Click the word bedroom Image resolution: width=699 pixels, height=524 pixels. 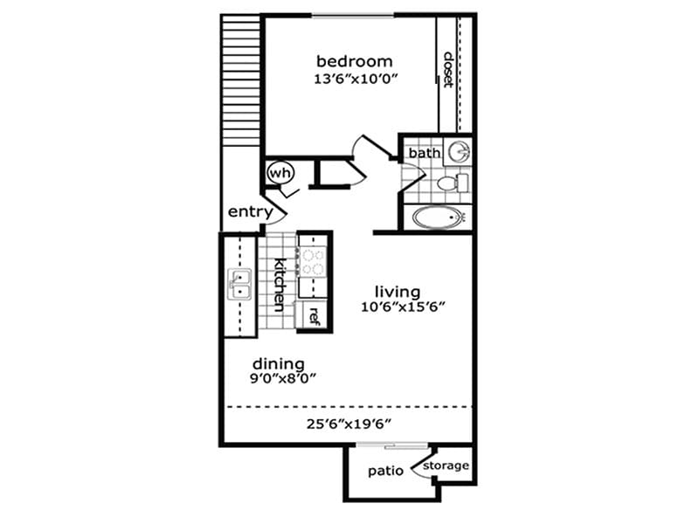(x=354, y=61)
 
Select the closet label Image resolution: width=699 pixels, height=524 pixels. (x=448, y=70)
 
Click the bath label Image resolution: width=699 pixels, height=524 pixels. (x=425, y=153)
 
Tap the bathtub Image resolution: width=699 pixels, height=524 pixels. (x=441, y=217)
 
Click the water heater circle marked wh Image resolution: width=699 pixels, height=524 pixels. (x=280, y=172)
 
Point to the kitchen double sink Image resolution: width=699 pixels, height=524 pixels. (x=239, y=284)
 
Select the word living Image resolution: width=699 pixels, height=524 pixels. (x=398, y=291)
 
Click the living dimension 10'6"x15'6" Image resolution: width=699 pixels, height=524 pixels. (x=404, y=307)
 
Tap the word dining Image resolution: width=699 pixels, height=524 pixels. (x=278, y=363)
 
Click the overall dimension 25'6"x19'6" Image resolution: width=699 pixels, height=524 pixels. (x=348, y=424)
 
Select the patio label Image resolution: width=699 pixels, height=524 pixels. (x=385, y=471)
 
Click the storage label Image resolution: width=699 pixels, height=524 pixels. (x=446, y=465)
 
